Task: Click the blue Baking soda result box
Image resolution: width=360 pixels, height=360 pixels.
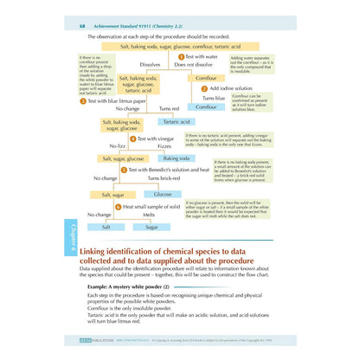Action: [x=177, y=159]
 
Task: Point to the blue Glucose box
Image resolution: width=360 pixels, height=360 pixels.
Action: [x=163, y=195]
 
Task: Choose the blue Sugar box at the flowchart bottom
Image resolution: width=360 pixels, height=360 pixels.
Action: [x=151, y=226]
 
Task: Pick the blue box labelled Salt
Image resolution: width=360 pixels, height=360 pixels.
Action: [x=106, y=226]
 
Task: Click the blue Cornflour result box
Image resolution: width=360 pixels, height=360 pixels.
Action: [x=206, y=107]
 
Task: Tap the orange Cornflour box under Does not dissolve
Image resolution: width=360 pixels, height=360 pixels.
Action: [x=206, y=78]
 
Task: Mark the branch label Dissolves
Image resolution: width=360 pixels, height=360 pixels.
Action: [x=150, y=64]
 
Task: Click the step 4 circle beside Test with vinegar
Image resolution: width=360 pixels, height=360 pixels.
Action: [x=132, y=138]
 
